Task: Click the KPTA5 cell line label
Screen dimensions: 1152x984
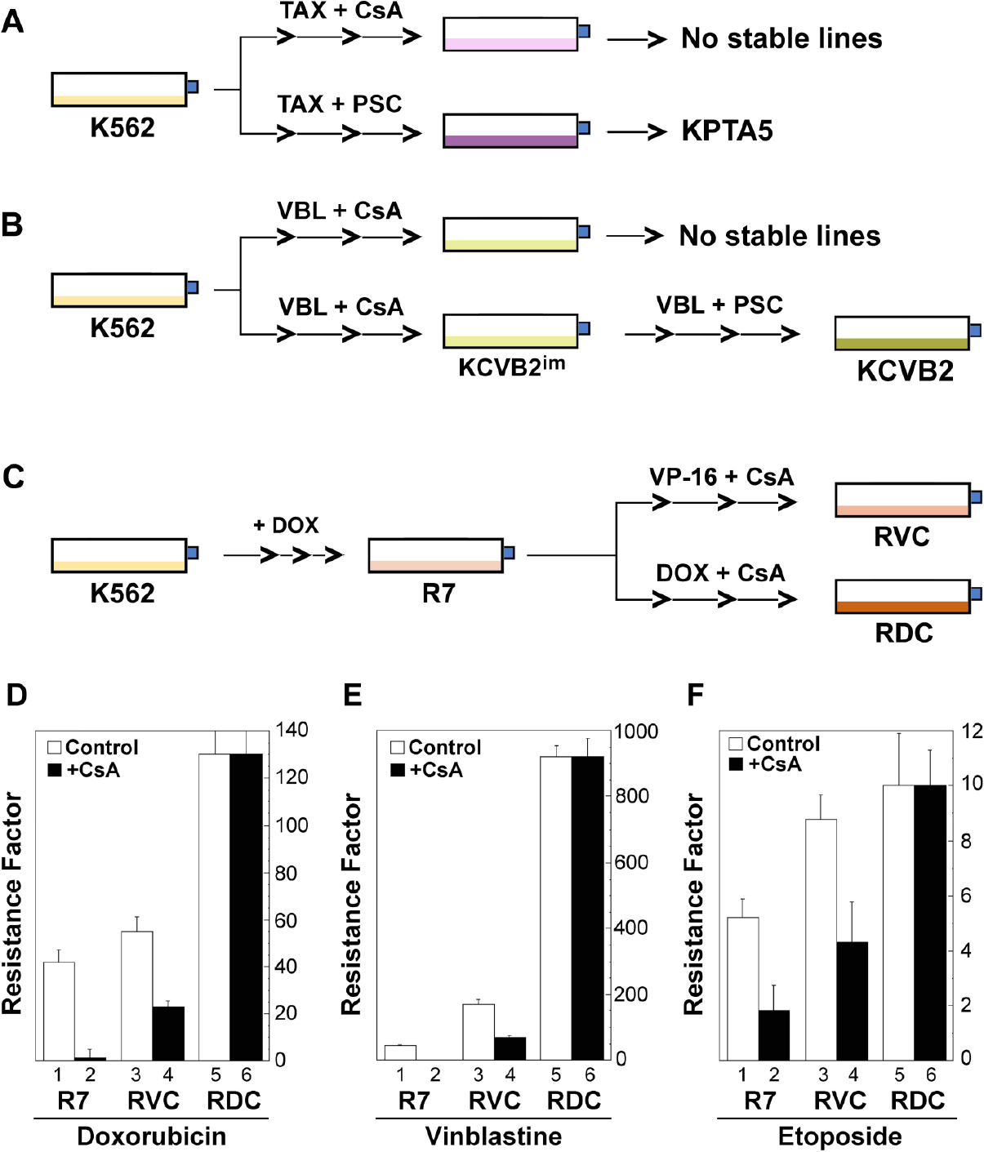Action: click(727, 131)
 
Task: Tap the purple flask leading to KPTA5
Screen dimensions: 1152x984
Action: click(511, 131)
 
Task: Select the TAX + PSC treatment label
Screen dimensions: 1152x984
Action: click(340, 105)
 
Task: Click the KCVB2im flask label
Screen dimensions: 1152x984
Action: click(511, 367)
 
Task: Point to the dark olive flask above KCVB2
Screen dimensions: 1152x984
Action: click(902, 334)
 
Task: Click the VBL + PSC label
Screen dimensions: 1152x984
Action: click(719, 305)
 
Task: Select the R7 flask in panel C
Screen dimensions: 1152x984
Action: click(435, 556)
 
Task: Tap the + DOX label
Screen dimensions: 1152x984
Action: click(286, 525)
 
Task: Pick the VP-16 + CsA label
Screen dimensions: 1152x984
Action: click(721, 477)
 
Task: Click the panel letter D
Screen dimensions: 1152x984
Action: click(16, 695)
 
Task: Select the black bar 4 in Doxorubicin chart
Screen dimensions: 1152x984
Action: click(168, 1033)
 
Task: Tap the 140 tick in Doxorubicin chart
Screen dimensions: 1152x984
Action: click(292, 730)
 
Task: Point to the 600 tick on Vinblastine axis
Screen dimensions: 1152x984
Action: click(631, 862)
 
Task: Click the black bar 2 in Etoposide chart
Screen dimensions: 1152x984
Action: click(774, 1034)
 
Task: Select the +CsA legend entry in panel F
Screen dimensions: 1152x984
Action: click(765, 764)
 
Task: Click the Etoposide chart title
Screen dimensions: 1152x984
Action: click(839, 1136)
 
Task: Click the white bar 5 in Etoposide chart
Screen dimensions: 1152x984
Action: click(899, 923)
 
